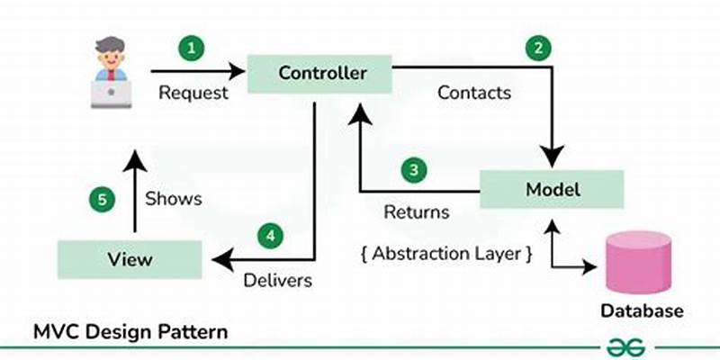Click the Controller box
click(x=320, y=72)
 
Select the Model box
click(x=553, y=189)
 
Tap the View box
click(x=130, y=259)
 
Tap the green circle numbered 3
click(x=413, y=169)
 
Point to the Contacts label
click(x=473, y=92)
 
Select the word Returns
click(x=416, y=213)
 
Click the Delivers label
click(x=278, y=281)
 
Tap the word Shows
click(x=174, y=198)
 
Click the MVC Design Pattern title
click(x=130, y=331)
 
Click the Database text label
click(x=642, y=310)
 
